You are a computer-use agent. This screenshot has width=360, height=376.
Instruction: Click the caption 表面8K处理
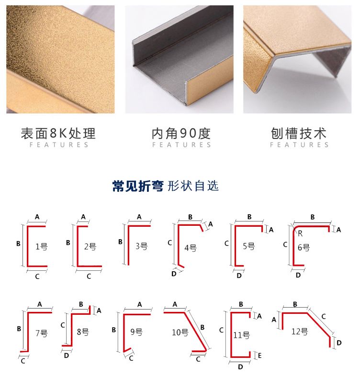(58, 133)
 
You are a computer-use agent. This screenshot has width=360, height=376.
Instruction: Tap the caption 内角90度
(181, 133)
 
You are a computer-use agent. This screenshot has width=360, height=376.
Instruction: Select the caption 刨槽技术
(299, 133)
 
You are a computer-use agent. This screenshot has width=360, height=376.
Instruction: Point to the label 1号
(42, 247)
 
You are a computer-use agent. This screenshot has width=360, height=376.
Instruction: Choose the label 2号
(90, 247)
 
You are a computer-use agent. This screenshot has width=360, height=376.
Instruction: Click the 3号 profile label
(141, 246)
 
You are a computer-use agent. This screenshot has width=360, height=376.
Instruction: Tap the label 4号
(191, 247)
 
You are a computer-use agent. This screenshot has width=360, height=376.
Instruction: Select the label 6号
(304, 247)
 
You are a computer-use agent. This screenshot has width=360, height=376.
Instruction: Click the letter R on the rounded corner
(300, 233)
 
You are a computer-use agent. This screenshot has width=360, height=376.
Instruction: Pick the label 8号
(82, 331)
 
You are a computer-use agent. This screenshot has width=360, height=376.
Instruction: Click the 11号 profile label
(241, 335)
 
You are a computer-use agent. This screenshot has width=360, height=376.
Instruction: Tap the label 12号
(300, 331)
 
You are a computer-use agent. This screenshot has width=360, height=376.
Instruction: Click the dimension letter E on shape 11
(259, 355)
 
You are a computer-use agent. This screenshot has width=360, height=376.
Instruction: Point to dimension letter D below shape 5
(239, 275)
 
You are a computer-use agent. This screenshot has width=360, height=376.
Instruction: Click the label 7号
(42, 333)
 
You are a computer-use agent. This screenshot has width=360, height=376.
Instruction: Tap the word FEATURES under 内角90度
(181, 145)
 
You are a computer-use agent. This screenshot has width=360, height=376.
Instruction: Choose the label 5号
(249, 246)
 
